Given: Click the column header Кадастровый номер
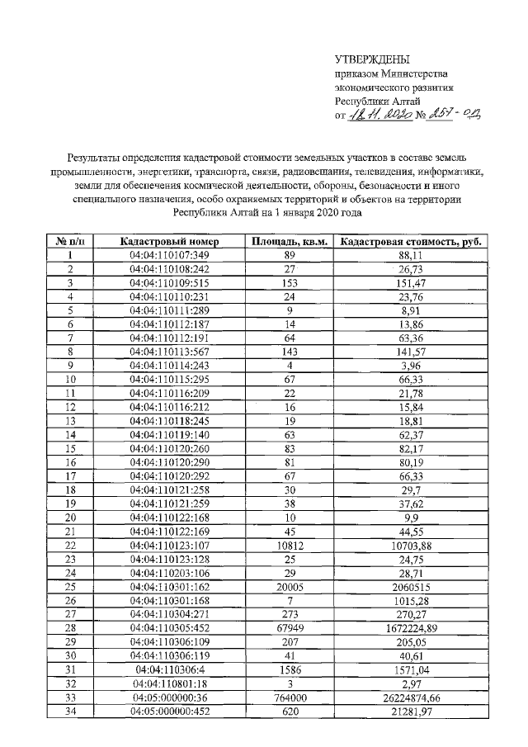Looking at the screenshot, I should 169,241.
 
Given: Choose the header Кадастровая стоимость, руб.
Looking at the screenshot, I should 411,241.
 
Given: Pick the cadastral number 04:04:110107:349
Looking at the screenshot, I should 169,255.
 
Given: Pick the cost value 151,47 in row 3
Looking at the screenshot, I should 411,282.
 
